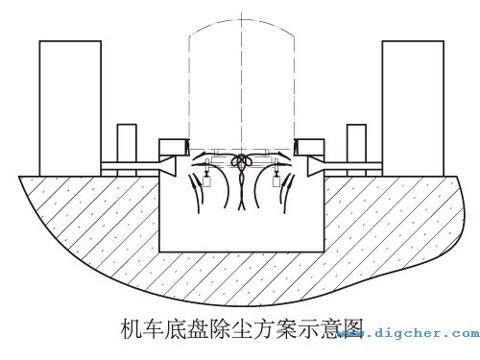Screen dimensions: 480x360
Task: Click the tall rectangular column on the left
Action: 70,106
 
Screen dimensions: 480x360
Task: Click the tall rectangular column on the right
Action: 412,106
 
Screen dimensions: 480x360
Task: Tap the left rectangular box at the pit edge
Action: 173,147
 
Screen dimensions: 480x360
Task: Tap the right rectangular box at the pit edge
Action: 309,147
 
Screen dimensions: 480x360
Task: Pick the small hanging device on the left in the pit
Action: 206,179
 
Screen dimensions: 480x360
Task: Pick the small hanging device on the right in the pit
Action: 276,179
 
